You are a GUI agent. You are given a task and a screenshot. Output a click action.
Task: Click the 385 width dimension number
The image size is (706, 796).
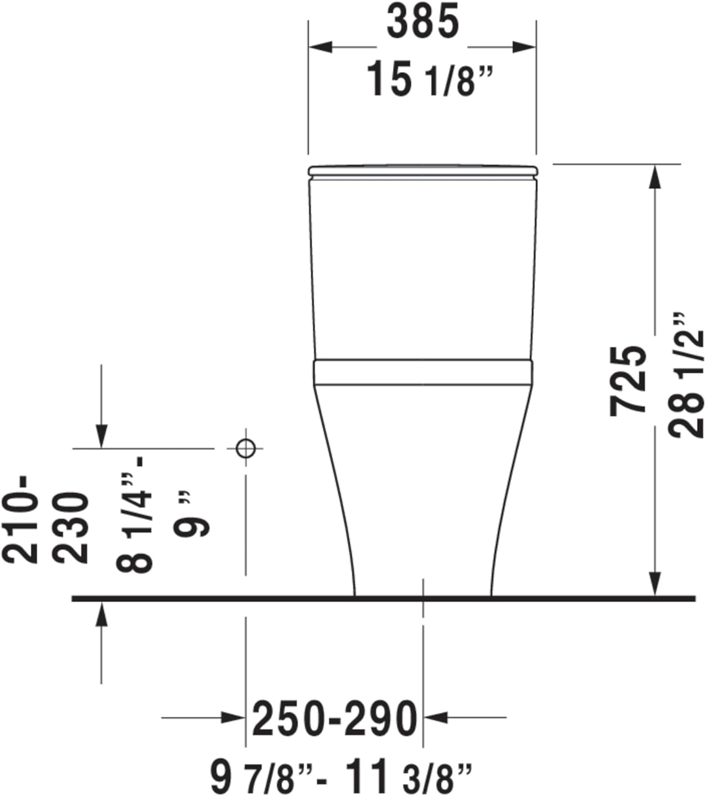[x=423, y=23]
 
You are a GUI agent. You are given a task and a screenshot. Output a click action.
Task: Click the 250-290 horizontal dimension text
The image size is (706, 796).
[x=334, y=719]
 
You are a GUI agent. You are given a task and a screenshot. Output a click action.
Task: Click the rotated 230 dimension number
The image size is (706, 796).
[x=71, y=528]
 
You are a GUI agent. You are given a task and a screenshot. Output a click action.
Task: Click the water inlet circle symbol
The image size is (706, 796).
[x=245, y=448]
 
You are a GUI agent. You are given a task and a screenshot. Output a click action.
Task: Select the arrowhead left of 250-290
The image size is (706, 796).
[x=233, y=718]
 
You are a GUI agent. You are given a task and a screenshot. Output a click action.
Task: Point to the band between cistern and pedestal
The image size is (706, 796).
[x=423, y=371]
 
